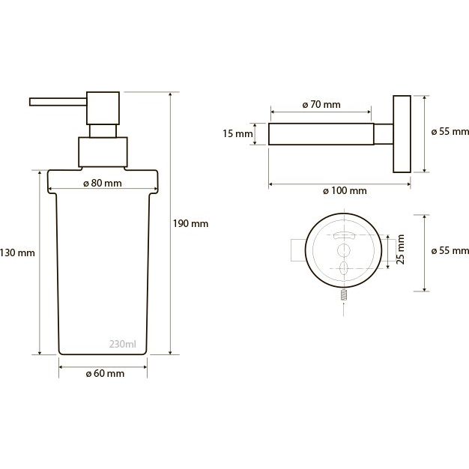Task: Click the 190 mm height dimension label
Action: (x=190, y=224)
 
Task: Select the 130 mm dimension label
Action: (x=17, y=253)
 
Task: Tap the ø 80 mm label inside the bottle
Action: (x=103, y=183)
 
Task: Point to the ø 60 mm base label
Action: (x=105, y=373)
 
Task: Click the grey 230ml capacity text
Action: (x=123, y=345)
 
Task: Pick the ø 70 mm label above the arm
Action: (x=321, y=104)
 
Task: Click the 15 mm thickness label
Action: (x=237, y=133)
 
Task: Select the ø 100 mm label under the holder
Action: (x=345, y=190)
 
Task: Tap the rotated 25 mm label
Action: (x=401, y=249)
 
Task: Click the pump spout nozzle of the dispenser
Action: (x=58, y=102)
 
